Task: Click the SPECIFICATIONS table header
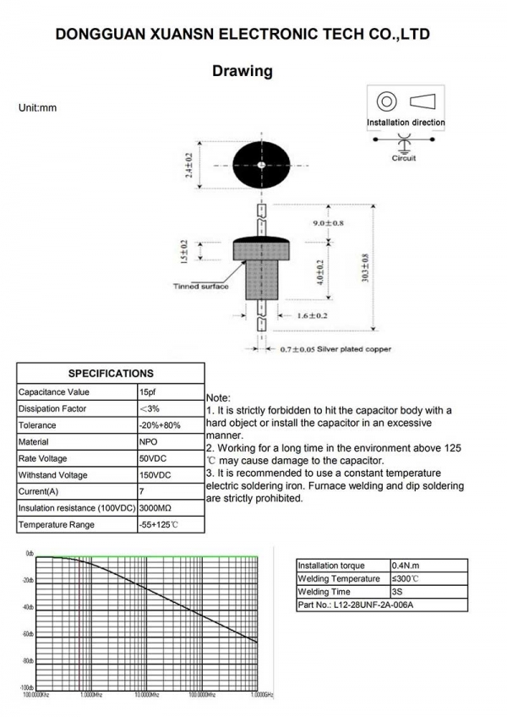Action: (111, 373)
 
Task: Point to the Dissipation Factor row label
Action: (52, 409)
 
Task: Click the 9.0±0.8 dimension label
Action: (329, 223)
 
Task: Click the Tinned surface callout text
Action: (200, 287)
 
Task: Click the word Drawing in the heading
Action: (243, 71)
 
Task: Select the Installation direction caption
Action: (406, 123)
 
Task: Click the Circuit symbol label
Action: (404, 158)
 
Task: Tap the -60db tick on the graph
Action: (29, 634)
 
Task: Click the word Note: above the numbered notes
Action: (218, 397)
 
